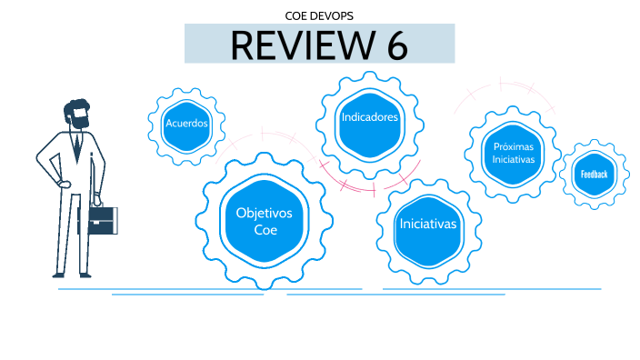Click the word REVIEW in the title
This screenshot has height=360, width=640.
pos(292,44)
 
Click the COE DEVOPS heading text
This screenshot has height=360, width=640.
pos(319,15)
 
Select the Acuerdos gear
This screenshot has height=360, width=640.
pos(186,123)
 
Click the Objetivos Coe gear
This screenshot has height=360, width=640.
pos(264,221)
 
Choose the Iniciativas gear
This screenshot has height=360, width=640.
pos(427,224)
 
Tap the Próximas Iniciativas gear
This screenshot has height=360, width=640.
pos(514,152)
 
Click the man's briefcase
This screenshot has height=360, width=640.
pos(101,218)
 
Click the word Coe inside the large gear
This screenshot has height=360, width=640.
pos(264,230)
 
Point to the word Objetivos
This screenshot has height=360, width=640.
pos(264,213)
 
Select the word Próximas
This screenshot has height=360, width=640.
pos(514,145)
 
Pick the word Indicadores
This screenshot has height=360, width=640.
pos(369,118)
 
